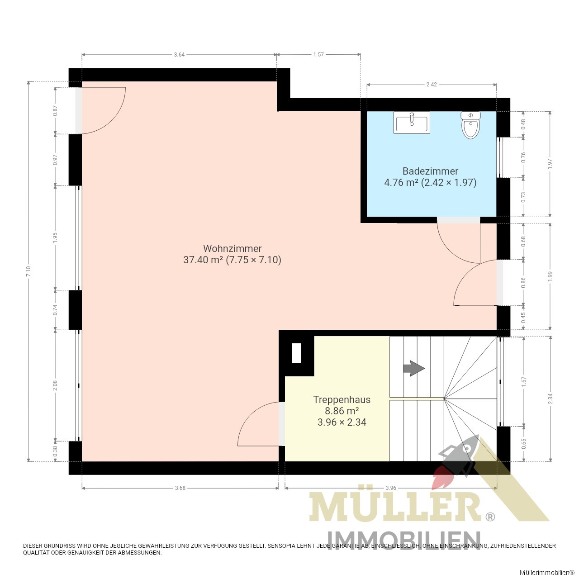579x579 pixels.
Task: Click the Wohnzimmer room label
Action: point(232,248)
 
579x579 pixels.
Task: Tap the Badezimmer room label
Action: point(430,171)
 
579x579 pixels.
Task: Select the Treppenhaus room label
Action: point(342,399)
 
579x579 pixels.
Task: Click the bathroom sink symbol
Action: point(411,122)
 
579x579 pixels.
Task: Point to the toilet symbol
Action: point(470,125)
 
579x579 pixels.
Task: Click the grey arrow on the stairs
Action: point(413,368)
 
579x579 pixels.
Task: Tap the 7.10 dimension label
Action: point(28,271)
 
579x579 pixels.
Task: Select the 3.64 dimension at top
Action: point(180,54)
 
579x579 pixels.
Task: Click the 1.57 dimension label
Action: point(318,54)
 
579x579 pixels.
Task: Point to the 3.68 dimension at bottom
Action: point(180,488)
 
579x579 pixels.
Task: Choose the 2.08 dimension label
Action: point(55,385)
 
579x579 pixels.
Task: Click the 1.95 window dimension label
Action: point(55,237)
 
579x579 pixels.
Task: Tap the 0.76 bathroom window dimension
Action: point(523,157)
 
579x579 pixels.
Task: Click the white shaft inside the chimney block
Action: point(296,353)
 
